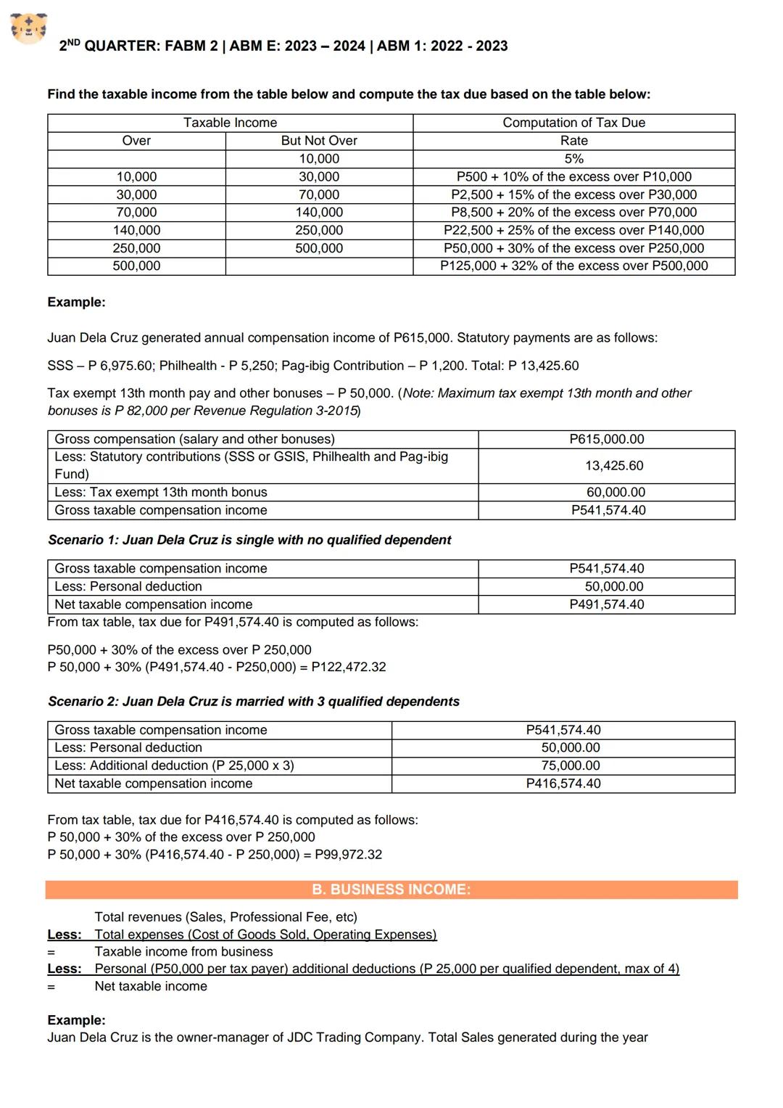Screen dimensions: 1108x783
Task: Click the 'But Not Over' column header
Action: [319, 141]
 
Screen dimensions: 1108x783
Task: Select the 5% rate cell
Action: [573, 159]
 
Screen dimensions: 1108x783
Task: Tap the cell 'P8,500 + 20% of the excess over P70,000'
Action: [573, 213]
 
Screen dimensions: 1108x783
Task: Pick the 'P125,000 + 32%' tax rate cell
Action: [573, 266]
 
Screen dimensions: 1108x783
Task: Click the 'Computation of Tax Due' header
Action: [573, 123]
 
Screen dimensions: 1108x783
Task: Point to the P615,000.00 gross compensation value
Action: [606, 440]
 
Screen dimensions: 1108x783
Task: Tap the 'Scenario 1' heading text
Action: [249, 541]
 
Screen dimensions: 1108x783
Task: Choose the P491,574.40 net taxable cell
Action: [606, 605]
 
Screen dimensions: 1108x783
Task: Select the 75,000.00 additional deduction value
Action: [570, 766]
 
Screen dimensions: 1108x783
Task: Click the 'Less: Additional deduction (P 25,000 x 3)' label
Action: [174, 766]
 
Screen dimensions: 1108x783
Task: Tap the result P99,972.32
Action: [348, 855]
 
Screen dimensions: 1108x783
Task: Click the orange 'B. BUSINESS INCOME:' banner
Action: [391, 890]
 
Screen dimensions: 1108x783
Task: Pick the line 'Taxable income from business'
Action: [183, 952]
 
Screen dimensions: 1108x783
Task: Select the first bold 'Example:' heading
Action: [76, 303]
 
